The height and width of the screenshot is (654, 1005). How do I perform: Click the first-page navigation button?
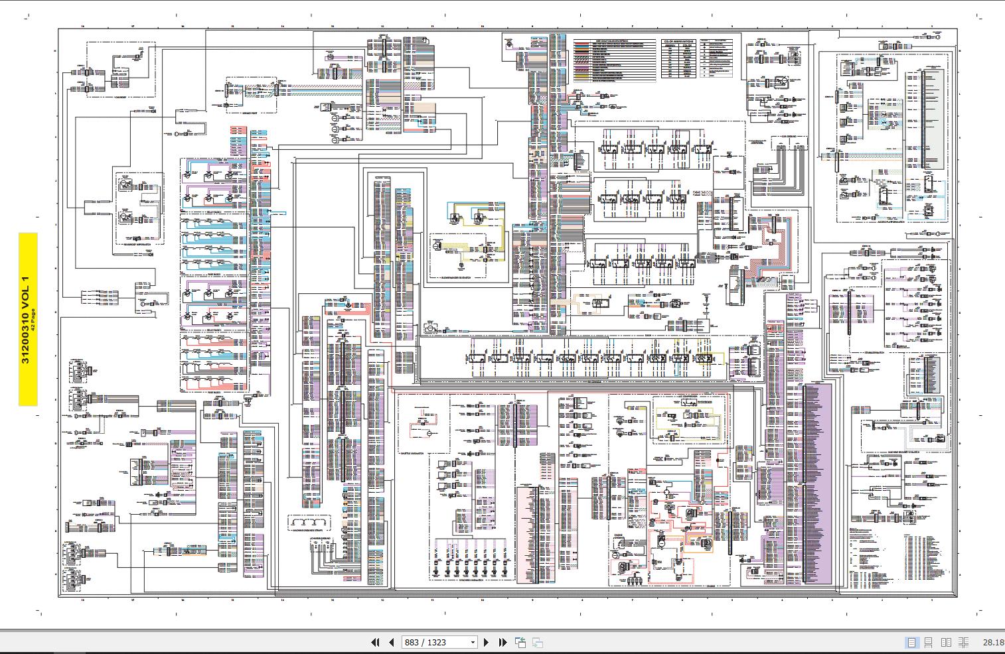point(375,642)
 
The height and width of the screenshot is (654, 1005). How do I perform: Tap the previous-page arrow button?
point(391,642)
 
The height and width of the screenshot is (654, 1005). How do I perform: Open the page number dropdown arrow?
point(473,642)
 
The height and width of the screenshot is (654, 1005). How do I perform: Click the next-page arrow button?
point(487,642)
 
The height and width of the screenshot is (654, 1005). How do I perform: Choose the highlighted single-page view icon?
point(911,642)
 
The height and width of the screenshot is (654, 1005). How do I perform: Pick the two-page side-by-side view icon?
point(946,642)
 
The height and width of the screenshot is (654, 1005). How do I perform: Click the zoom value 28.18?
point(993,642)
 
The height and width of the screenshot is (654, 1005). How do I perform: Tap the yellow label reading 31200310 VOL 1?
point(27,319)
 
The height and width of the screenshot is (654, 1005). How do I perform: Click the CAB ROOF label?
point(121,98)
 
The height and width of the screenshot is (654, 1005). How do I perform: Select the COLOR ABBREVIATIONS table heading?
point(678,41)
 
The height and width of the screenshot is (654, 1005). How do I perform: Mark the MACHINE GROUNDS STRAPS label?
point(309,531)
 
